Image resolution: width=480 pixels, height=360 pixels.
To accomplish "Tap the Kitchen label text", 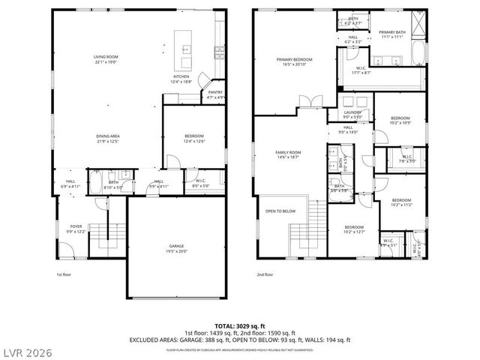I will pyautogui.click(x=181, y=76).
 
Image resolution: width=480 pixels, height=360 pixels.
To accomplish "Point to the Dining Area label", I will pyautogui.click(x=107, y=136).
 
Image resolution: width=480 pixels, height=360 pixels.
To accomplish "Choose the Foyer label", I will pyautogui.click(x=76, y=226).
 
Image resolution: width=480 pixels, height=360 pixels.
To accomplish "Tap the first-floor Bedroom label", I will pyautogui.click(x=195, y=136).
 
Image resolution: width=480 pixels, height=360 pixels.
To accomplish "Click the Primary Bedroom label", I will pyautogui.click(x=294, y=60).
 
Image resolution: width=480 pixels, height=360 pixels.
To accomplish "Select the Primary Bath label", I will pyautogui.click(x=391, y=33).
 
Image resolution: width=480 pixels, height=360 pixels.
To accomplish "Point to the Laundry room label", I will pyautogui.click(x=352, y=112).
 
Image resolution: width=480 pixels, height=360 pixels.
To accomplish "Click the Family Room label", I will pyautogui.click(x=288, y=152).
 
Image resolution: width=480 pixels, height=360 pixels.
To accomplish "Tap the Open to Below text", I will pyautogui.click(x=280, y=211).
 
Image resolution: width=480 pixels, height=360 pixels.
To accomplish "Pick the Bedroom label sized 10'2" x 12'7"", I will pyautogui.click(x=354, y=228).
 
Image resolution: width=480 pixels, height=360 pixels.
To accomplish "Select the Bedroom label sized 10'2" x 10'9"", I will pyautogui.click(x=400, y=119).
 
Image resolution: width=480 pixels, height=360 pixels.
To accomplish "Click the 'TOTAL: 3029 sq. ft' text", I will pyautogui.click(x=240, y=325).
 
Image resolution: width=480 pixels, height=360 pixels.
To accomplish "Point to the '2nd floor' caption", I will pyautogui.click(x=265, y=274).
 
